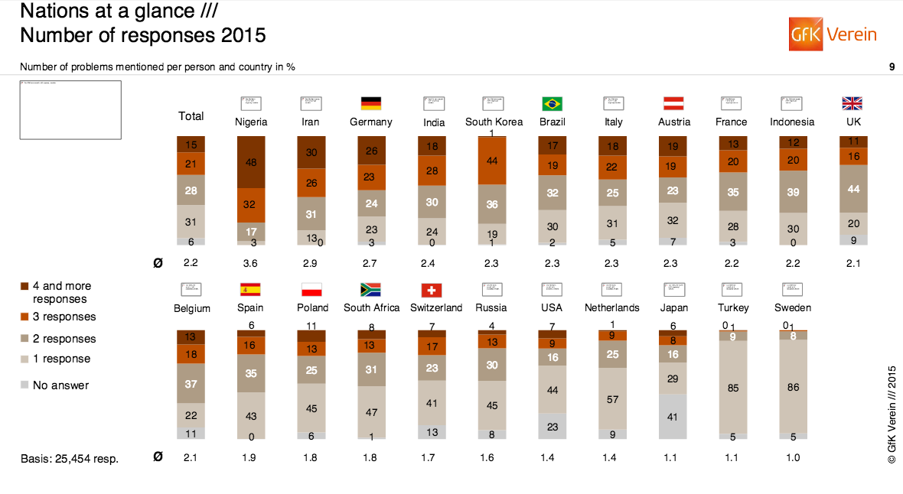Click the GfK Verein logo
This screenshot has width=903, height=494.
coord(833,34)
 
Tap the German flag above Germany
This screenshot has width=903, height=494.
coord(370,103)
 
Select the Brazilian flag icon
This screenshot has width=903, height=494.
coord(552,103)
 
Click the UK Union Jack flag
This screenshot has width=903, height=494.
coord(852,103)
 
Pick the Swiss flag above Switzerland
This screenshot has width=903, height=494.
coord(431,290)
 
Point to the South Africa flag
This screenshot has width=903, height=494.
coord(370,290)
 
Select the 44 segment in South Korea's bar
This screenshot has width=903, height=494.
coord(493,161)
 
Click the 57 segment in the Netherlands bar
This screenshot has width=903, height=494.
coord(612,398)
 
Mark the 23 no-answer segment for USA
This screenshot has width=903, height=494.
coord(552,427)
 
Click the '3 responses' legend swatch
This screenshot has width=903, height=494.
coord(24,317)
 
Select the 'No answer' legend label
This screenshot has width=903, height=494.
coord(60,385)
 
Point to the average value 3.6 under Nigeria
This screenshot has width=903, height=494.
coord(250,263)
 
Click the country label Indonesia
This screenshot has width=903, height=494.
coord(791,122)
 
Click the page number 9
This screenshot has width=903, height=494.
coord(892,67)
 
